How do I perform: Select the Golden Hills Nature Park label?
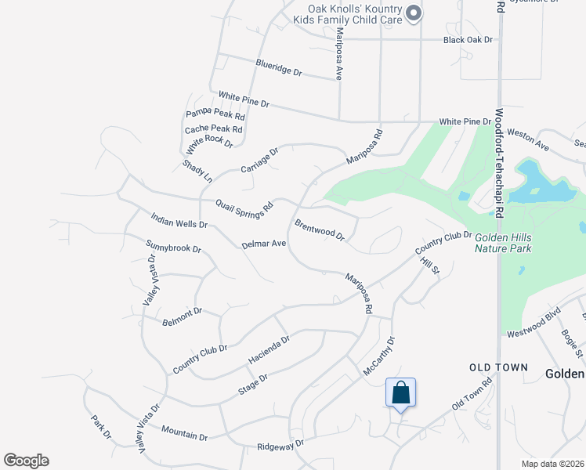click(503, 242)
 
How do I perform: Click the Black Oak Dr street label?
click(467, 39)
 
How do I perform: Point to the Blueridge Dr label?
click(278, 67)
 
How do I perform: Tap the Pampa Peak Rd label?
click(215, 114)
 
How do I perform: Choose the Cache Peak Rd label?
click(214, 129)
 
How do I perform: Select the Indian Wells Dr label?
click(179, 219)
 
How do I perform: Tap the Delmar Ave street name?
click(264, 244)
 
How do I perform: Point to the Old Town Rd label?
click(472, 394)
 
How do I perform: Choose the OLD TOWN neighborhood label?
click(499, 367)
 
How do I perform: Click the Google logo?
click(26, 461)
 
